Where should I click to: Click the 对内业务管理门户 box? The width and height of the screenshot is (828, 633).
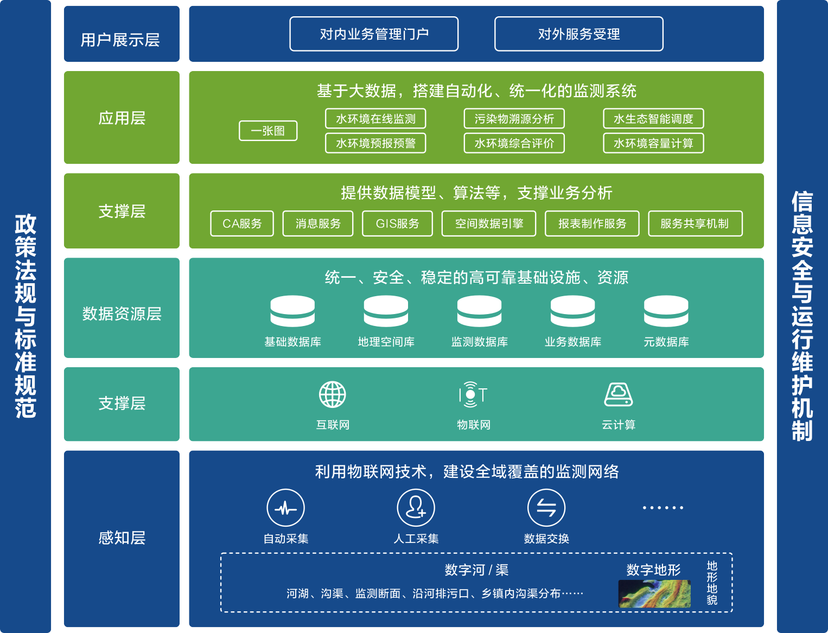click(374, 34)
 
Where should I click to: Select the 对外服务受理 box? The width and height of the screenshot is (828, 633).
click(578, 34)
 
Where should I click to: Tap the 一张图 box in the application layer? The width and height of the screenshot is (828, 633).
click(268, 131)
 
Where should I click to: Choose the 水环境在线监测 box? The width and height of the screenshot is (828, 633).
click(375, 119)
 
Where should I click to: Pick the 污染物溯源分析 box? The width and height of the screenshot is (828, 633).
click(514, 119)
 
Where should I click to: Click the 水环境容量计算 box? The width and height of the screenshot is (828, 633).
click(653, 143)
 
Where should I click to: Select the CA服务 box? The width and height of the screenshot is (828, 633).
click(242, 223)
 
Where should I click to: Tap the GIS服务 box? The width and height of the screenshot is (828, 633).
click(397, 223)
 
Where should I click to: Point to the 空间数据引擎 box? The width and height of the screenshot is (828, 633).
click(489, 223)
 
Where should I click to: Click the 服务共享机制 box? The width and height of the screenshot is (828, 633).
click(695, 223)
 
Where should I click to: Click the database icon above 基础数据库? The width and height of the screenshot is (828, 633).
click(292, 311)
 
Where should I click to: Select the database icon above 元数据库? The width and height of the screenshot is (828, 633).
click(666, 311)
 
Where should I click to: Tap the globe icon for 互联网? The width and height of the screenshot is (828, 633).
click(333, 394)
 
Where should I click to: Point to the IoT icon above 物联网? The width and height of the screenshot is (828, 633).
click(473, 394)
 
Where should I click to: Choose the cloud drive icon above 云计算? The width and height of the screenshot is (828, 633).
click(619, 394)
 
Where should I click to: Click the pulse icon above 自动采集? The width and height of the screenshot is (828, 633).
click(285, 508)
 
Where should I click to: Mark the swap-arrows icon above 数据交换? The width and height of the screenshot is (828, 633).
click(546, 508)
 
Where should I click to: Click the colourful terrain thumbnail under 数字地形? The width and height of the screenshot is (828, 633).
click(654, 594)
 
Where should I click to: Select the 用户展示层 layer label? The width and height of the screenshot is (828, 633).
click(121, 39)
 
